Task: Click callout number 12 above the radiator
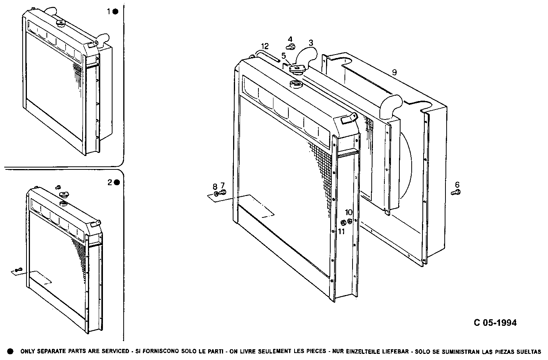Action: [266, 46]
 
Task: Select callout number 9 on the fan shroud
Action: [394, 72]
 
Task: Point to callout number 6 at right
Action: [457, 184]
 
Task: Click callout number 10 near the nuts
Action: [349, 212]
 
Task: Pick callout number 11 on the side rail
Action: [341, 231]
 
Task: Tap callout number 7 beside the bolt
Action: [222, 186]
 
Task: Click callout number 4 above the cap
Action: [290, 39]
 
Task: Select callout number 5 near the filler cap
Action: [284, 56]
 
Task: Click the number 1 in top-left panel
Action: [109, 12]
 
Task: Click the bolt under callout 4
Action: [291, 47]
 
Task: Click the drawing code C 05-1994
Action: [495, 323]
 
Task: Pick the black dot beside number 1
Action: [116, 12]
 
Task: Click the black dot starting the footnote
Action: [10, 351]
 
